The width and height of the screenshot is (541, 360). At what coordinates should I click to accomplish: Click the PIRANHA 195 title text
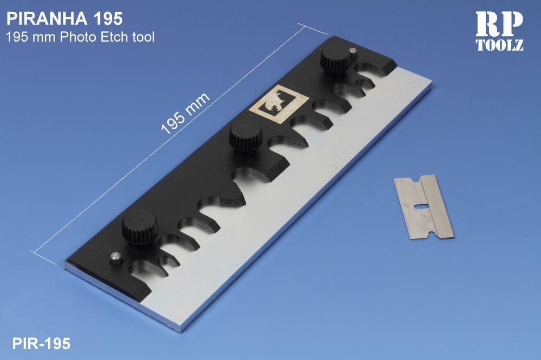tap(64, 19)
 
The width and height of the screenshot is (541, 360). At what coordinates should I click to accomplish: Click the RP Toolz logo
tap(499, 31)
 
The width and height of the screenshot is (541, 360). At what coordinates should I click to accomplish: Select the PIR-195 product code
tap(41, 344)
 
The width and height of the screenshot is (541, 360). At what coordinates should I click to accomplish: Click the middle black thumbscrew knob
tap(245, 138)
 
